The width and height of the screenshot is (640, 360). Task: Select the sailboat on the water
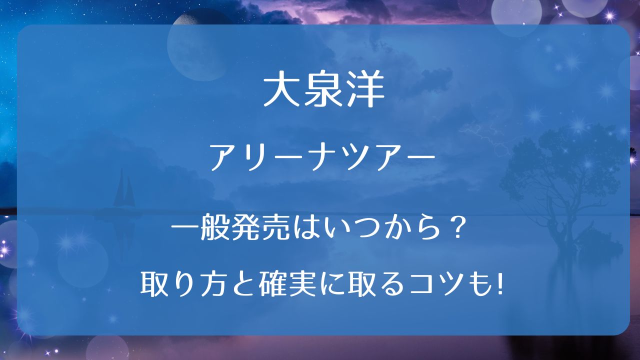coord(124,188)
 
